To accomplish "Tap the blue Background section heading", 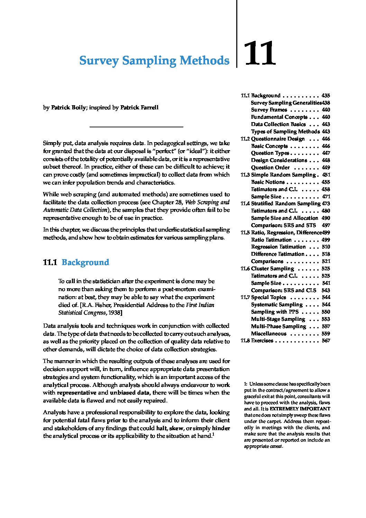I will (85, 262).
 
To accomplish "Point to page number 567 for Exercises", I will (326, 341).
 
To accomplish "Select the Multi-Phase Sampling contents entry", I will (278, 326).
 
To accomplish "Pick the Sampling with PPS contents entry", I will (275, 312).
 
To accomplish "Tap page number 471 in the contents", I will (326, 197).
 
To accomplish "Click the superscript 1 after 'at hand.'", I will (213, 434).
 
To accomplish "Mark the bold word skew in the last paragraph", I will (176, 428).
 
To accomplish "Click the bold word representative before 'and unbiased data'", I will (76, 393).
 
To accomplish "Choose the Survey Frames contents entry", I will (269, 110).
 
